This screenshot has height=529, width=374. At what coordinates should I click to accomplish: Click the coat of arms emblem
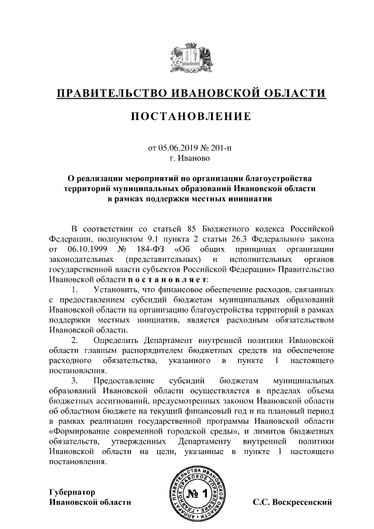click(187, 57)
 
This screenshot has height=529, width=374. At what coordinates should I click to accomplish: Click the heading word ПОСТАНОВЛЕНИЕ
click(187, 117)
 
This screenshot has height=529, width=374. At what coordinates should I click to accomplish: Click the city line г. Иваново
click(187, 158)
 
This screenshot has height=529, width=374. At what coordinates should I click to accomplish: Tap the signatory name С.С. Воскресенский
click(292, 502)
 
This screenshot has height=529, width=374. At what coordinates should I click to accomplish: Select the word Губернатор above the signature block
click(72, 492)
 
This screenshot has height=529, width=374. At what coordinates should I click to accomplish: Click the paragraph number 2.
click(74, 340)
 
